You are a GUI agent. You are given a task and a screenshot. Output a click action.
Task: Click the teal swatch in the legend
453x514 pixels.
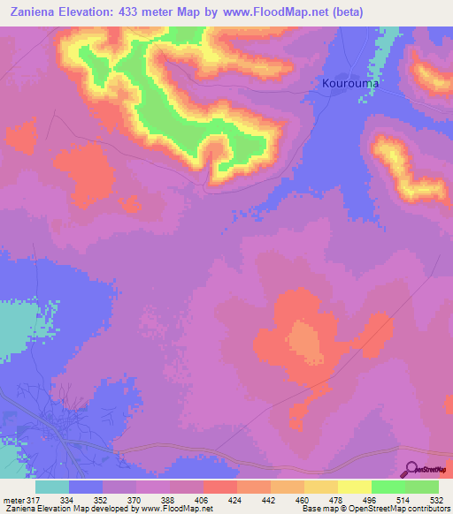click(x=52, y=487)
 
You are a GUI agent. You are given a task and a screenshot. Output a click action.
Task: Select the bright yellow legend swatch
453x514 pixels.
click(x=354, y=487)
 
